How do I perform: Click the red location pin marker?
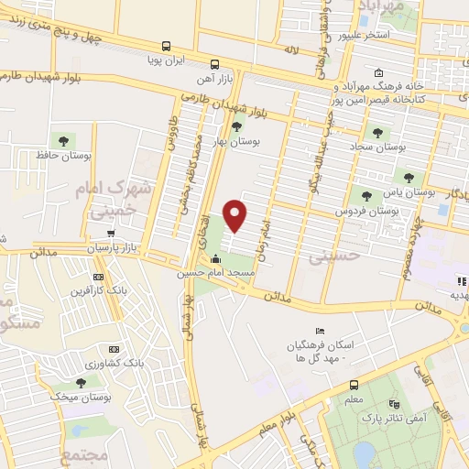pyautogui.click(x=236, y=215)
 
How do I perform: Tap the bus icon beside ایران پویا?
pyautogui.click(x=166, y=45)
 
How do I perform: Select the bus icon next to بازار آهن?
pyautogui.click(x=214, y=64)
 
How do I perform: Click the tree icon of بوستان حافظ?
pyautogui.click(x=63, y=140)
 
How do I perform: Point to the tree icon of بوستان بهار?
pyautogui.click(x=237, y=127)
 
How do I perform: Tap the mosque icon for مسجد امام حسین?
pyautogui.click(x=216, y=260)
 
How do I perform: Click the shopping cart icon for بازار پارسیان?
pyautogui.click(x=111, y=234)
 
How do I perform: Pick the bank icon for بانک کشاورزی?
pyautogui.click(x=114, y=350)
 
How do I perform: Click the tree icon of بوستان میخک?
pyautogui.click(x=82, y=382)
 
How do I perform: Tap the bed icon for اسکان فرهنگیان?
pyautogui.click(x=319, y=331)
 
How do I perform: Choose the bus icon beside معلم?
pyautogui.click(x=354, y=385)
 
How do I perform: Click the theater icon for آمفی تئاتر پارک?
pyautogui.click(x=395, y=403)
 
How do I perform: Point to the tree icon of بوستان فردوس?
pyautogui.click(x=366, y=196)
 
